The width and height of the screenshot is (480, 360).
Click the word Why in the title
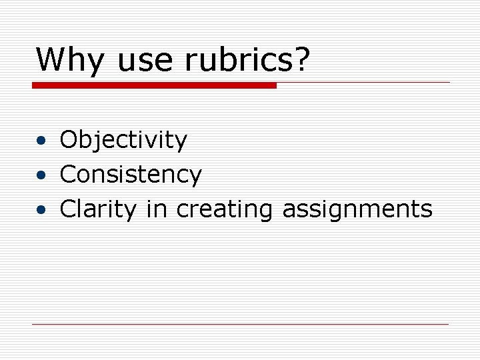[69, 60]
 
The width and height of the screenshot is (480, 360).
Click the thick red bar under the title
[154, 85]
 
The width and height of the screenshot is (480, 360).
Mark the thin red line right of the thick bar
[363, 83]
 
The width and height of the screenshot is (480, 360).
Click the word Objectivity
[123, 141]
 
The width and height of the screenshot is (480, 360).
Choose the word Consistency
[131, 175]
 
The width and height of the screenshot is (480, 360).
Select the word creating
[225, 210]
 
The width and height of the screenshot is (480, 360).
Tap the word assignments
[357, 210]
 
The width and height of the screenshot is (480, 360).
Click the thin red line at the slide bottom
[240, 325]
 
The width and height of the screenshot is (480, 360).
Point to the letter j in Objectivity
[102, 142]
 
